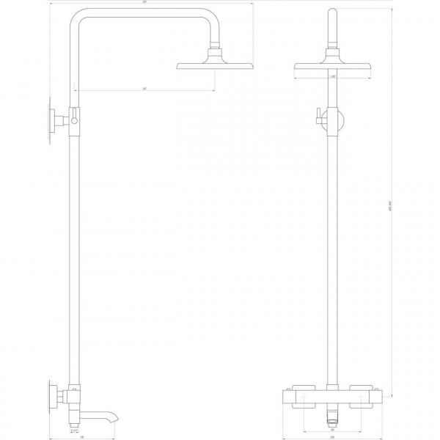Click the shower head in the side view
pos(214,66)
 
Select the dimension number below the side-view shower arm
pos(146,89)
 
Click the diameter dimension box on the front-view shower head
pos(332,76)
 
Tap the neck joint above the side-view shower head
pos(214,54)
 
